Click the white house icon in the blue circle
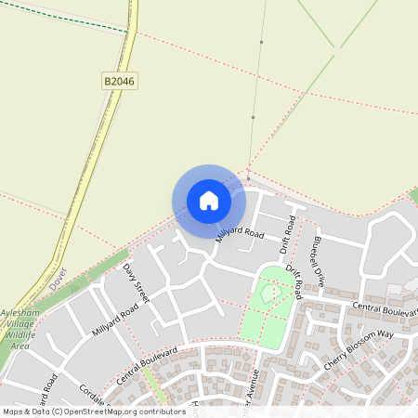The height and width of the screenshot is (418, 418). pyautogui.click(x=209, y=201)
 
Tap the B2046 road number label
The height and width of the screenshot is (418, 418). pyautogui.click(x=119, y=82)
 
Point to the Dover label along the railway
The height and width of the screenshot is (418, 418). pyautogui.click(x=60, y=280)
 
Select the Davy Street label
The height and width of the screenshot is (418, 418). pyautogui.click(x=137, y=283)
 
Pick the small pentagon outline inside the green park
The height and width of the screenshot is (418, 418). pyautogui.click(x=271, y=293)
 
